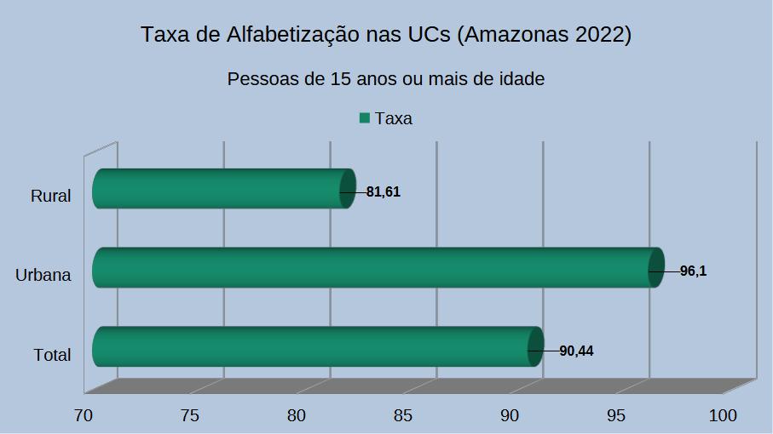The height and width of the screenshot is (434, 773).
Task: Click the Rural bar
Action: tap(222, 189)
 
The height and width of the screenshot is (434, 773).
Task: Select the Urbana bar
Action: tap(375, 267)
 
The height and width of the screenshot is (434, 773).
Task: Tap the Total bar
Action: tap(315, 346)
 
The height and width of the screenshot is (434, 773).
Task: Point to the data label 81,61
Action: tap(384, 192)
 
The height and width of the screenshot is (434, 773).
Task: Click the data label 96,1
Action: tap(694, 271)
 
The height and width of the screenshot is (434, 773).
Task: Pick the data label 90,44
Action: tap(576, 351)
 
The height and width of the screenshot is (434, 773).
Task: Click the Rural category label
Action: tap(50, 197)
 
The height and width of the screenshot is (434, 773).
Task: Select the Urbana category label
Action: tap(43, 275)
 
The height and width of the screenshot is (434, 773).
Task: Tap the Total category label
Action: tap(52, 355)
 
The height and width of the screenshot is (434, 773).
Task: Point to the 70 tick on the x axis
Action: tap(84, 415)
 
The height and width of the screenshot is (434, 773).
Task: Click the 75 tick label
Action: tap(190, 415)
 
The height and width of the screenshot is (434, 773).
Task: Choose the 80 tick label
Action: tap(297, 415)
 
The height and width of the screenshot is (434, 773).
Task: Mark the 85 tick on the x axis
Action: tap(403, 415)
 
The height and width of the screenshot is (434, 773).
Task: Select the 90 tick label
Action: tap(510, 415)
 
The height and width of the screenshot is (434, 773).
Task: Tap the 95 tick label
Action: tap(616, 415)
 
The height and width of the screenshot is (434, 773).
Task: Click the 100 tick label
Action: tap(723, 415)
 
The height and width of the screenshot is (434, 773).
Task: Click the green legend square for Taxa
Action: tap(365, 118)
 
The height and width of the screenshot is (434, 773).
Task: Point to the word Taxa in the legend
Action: tap(394, 118)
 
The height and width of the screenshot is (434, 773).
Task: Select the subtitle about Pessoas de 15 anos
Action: tap(386, 79)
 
